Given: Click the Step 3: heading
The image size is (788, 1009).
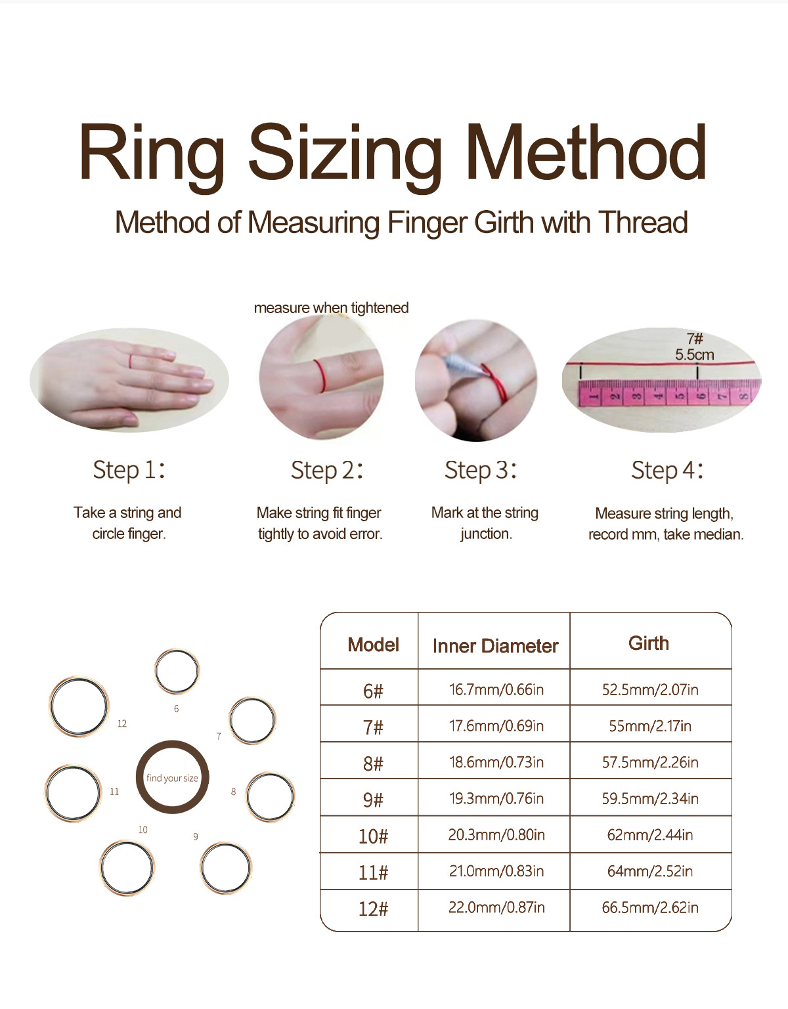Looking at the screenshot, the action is [x=481, y=470].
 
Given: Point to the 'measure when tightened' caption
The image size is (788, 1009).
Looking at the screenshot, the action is [x=331, y=308].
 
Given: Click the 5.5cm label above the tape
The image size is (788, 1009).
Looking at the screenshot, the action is [x=695, y=354].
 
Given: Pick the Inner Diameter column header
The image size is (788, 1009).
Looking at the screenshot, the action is [x=495, y=646].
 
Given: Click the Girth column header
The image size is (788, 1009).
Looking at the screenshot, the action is [x=649, y=643].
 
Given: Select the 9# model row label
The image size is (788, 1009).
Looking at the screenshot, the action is [x=374, y=800].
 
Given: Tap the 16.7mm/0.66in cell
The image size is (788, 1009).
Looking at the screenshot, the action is [x=496, y=689].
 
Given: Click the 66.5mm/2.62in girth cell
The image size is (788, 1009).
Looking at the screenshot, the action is [x=650, y=907].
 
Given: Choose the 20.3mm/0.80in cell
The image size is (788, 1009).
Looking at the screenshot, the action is [x=496, y=835].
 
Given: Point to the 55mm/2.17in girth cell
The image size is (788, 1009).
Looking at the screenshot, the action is [x=650, y=726].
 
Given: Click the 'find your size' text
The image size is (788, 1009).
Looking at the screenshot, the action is [x=172, y=778].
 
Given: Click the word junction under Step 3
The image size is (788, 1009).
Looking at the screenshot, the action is [x=487, y=534].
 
